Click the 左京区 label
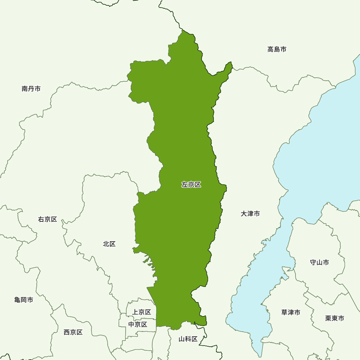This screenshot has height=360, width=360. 191,185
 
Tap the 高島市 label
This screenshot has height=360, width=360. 277,49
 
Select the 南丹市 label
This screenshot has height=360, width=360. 31,89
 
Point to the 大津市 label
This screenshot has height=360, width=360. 250,213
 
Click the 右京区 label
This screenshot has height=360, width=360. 48,219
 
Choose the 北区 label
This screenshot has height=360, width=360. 109,244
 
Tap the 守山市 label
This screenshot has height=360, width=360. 319,262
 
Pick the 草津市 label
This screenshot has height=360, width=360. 291,312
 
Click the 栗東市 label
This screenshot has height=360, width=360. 334,318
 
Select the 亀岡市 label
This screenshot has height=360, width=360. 24,300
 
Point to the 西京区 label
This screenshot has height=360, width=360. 73,332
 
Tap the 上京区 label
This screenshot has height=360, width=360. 141,312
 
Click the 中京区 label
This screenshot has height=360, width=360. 138,324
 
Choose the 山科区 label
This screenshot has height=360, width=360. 188,339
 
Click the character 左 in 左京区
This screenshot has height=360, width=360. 185,185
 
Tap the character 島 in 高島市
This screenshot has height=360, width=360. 277,49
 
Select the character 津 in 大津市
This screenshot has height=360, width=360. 250,213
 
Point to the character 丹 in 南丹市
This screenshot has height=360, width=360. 31,89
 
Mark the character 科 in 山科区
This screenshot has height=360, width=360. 188,339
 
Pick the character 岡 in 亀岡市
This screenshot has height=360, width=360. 24,300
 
